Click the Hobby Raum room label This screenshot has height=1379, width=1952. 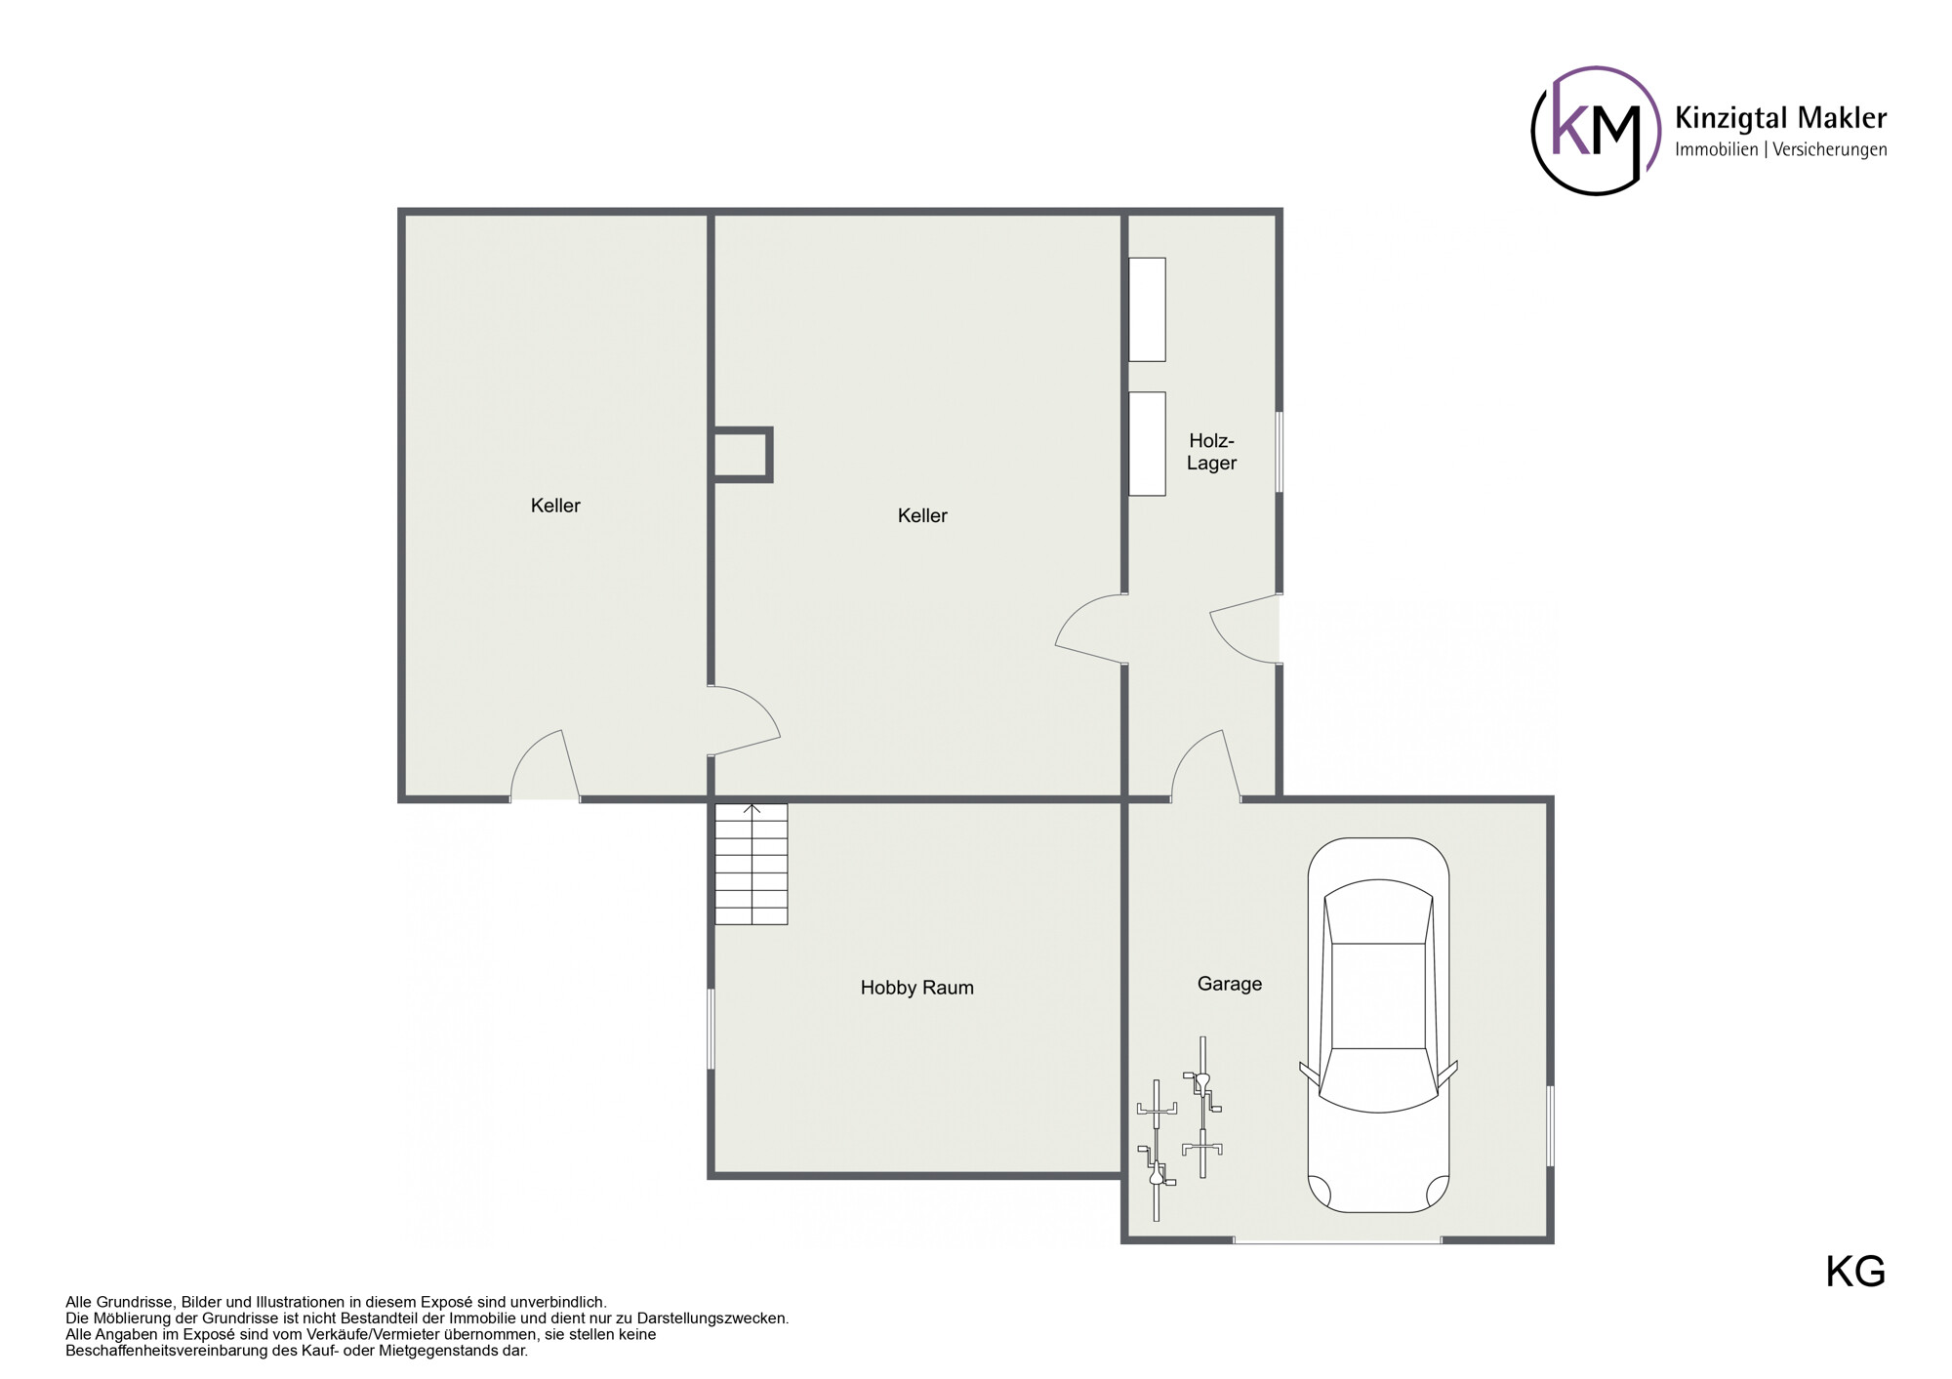[x=916, y=988]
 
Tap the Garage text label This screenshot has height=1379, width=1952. [x=1229, y=984]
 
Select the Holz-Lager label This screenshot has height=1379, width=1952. [x=1211, y=452]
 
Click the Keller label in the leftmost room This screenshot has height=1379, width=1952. [x=555, y=506]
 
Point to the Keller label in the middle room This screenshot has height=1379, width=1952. [x=922, y=515]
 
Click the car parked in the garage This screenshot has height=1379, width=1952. [x=1378, y=1025]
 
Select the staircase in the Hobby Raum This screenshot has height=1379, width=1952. [x=751, y=865]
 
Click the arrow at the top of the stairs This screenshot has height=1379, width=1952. [x=752, y=809]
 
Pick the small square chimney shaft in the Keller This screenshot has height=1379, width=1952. [x=742, y=455]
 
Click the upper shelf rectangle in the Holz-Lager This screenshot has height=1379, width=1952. [x=1147, y=309]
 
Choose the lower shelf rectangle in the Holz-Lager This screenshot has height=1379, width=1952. [x=1147, y=444]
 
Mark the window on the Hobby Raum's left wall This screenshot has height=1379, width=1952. [x=711, y=1029]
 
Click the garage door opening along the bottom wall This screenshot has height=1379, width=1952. [x=1337, y=1240]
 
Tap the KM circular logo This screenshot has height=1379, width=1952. [x=1595, y=131]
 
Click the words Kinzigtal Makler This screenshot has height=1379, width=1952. [x=1780, y=118]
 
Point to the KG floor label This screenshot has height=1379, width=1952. [x=1854, y=1272]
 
